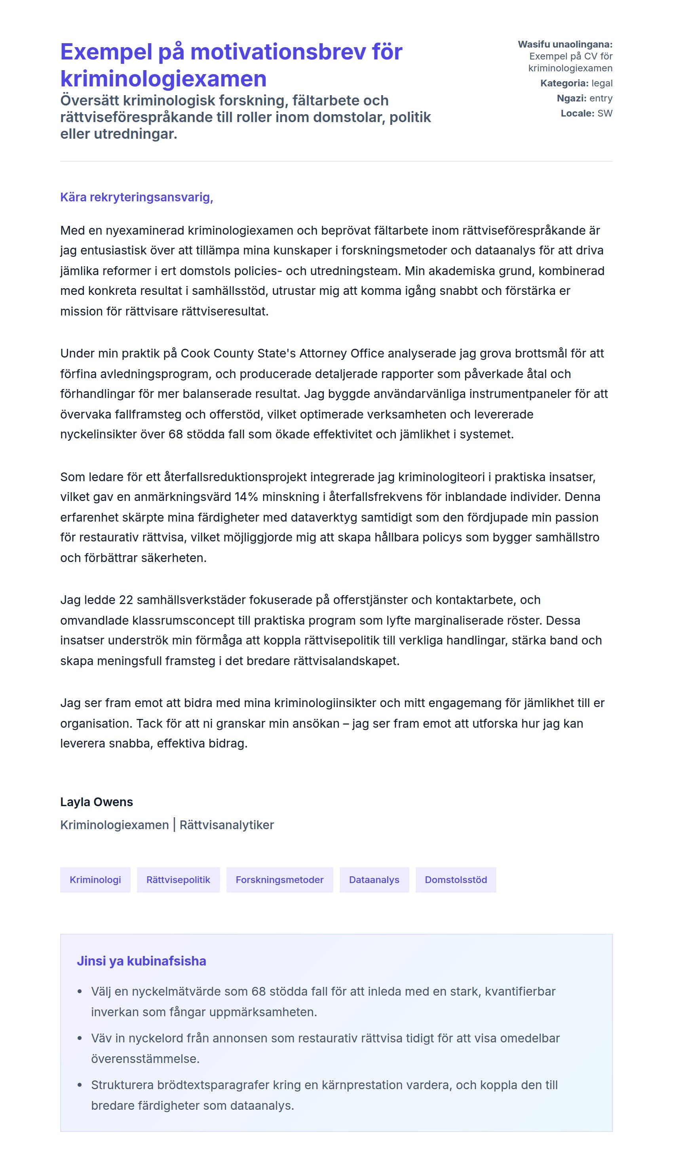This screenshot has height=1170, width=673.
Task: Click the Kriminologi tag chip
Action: [x=95, y=879]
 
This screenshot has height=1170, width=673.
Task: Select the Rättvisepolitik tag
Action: [x=178, y=879]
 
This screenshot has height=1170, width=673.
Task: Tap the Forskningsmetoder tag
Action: [x=279, y=879]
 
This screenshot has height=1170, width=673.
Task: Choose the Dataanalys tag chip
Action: [x=374, y=879]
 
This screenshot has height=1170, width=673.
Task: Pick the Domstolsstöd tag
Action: [x=455, y=879]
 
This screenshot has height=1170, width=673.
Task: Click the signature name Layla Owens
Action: [x=96, y=802]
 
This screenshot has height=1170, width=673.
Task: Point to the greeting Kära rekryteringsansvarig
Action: [x=136, y=197]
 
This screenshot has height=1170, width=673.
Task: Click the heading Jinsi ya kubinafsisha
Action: [x=141, y=961]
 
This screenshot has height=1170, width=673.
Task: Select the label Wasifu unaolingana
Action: [x=565, y=44]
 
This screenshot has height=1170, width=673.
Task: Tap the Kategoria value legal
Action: [x=602, y=83]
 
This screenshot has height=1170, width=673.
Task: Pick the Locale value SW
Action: [x=605, y=113]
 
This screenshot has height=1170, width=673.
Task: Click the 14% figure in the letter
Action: [x=246, y=497]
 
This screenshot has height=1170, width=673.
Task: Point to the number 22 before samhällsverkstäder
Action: [x=126, y=600]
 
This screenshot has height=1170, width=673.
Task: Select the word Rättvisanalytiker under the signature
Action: [x=226, y=825]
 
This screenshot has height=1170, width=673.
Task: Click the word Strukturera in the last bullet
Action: [x=122, y=1085]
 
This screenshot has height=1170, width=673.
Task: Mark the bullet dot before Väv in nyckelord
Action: [x=80, y=1038]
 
